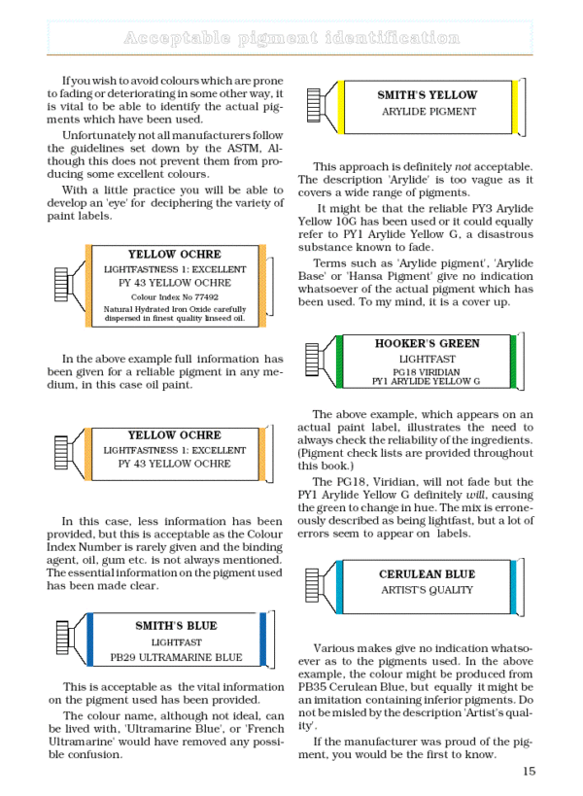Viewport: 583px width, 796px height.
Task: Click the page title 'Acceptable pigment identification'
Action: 291,39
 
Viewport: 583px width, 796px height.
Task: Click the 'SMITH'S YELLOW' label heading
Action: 428,95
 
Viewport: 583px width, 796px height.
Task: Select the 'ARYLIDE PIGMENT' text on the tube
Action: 428,112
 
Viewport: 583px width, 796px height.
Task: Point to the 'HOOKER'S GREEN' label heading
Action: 427,344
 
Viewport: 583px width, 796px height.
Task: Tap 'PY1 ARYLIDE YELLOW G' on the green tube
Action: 427,381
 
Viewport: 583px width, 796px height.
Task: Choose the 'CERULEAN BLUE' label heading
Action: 428,574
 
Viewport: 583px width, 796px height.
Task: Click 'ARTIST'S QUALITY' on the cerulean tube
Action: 428,590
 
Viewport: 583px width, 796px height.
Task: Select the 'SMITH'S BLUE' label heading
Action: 176,626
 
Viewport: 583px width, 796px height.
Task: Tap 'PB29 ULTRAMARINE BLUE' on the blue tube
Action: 176,657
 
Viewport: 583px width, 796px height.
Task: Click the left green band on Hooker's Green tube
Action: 340,359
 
